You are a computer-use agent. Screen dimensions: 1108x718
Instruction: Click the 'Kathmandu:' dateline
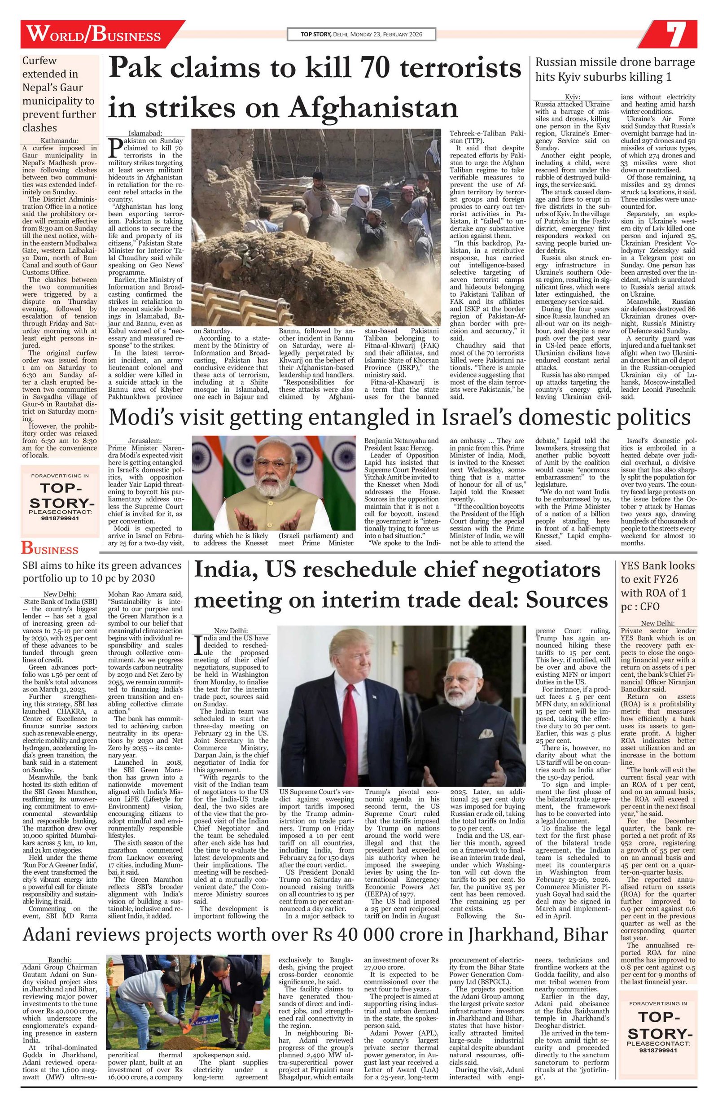tap(61, 140)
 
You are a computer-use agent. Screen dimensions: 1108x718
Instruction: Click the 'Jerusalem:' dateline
tap(145, 440)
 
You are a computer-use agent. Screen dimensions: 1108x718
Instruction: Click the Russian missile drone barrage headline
tap(615, 70)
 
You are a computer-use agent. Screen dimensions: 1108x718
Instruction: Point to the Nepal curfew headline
tap(60, 94)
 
